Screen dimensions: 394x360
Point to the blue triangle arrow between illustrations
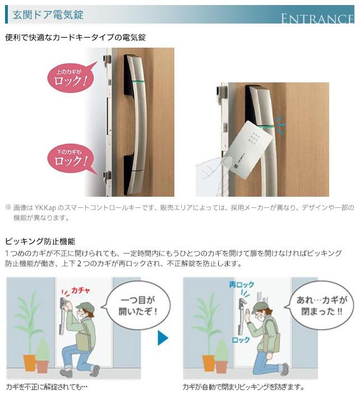coord(163,338)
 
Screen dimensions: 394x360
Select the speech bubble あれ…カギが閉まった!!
coord(321,306)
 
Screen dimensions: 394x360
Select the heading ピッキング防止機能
coord(40,242)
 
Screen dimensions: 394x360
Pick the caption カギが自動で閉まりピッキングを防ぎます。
coord(243,387)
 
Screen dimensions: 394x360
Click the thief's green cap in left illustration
coord(84,305)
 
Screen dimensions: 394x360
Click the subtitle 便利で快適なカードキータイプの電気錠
coord(76,38)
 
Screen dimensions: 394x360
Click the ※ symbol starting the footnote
coord(8,207)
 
